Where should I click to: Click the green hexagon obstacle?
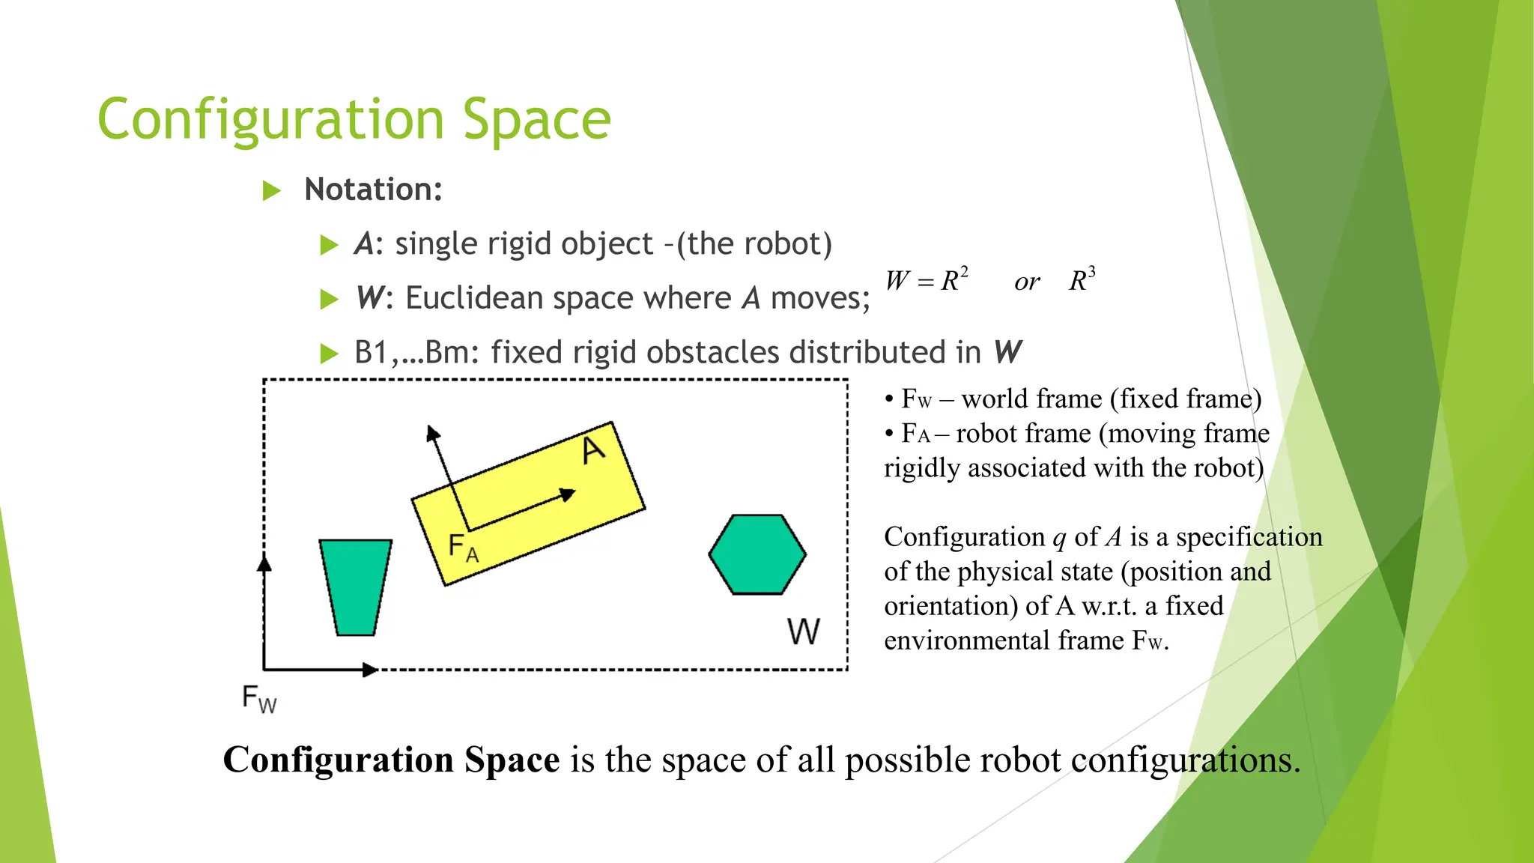pos(757,554)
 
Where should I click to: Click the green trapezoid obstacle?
pos(356,587)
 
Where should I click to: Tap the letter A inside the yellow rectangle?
pos(593,450)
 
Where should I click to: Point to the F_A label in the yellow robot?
pos(463,548)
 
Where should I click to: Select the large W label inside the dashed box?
pos(804,632)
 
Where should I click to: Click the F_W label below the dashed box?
pos(259,699)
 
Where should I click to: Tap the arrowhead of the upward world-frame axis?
pos(264,563)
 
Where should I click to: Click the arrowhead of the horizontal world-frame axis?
pos(369,670)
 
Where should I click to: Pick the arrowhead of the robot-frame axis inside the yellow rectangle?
pos(568,494)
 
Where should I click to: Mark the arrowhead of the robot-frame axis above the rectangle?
pos(433,433)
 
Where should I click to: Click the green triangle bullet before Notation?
pos(271,190)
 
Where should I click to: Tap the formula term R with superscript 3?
pos(1082,280)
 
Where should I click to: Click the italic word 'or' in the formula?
pos(1027,282)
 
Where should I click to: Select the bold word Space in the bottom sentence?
pos(512,760)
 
